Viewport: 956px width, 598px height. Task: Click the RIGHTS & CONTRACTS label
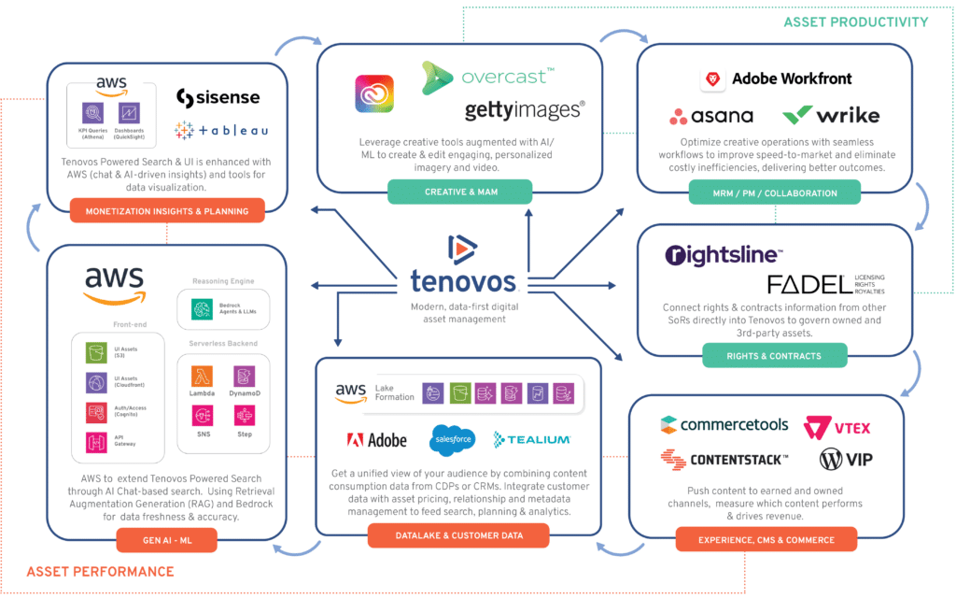pos(774,355)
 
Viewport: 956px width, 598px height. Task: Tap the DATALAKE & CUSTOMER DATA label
pos(458,535)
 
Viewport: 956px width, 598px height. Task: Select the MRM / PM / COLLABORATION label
pos(775,193)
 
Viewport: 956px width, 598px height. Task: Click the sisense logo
pos(218,97)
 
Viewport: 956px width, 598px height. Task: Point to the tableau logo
pos(220,130)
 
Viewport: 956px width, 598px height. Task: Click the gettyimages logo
pos(525,110)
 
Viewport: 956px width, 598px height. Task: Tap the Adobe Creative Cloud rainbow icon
pos(374,93)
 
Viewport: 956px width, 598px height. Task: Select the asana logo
pos(711,116)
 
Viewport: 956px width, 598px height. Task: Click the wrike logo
pos(831,116)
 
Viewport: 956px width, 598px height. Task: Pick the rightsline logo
pos(724,254)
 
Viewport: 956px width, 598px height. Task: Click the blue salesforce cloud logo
pos(454,437)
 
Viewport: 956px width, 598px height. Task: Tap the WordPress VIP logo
pos(844,459)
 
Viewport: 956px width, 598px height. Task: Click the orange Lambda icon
pos(204,376)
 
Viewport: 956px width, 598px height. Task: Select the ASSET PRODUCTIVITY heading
pos(855,21)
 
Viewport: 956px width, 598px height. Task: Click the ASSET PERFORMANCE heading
pos(100,571)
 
